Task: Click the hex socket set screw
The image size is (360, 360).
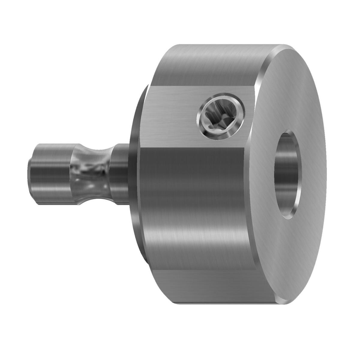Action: [221, 118]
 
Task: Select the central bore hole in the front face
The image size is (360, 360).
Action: [287, 174]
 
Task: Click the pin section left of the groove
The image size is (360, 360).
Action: [49, 174]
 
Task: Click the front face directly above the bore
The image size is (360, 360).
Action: [288, 90]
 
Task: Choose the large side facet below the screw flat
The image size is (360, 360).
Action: [195, 204]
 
